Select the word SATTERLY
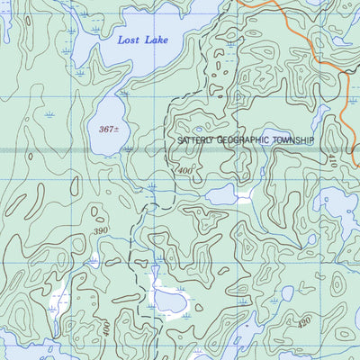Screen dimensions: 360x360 point(198,141)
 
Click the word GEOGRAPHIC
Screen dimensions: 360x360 point(247,141)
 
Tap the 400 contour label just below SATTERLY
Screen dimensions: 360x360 point(185,170)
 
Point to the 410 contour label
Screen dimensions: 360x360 point(331,163)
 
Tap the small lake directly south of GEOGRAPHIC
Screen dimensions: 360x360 point(221,195)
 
